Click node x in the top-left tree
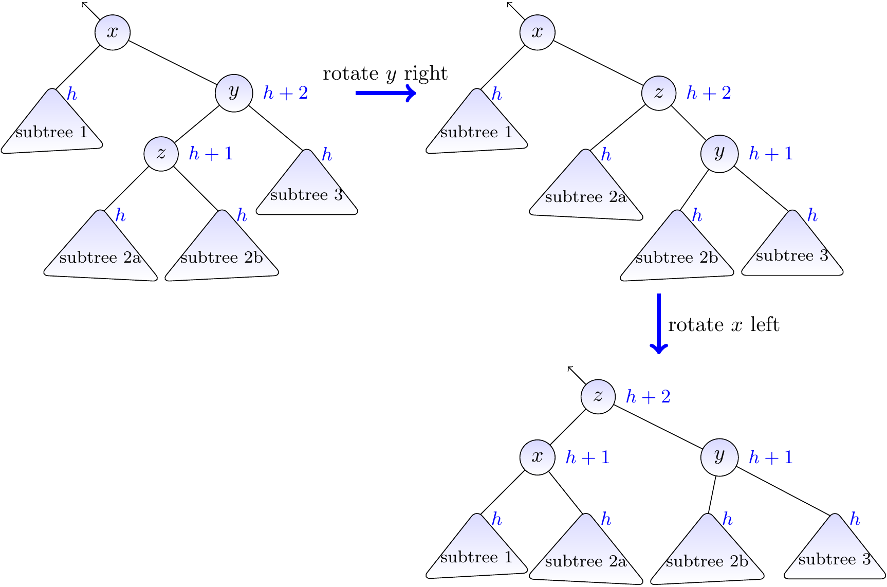(113, 32)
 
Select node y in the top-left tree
(234, 93)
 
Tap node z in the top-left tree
(161, 153)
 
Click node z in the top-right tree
(659, 93)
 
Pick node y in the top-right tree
(719, 153)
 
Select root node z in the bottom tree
(598, 396)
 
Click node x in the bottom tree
(538, 457)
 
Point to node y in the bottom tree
(719, 457)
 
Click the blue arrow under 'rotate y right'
(385, 93)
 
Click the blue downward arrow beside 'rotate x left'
(659, 324)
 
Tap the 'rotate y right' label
(385, 74)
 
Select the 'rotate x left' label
(724, 325)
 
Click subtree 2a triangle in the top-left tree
(101, 252)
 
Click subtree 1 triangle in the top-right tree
(476, 128)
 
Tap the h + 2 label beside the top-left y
(286, 93)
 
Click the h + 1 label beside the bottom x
(587, 457)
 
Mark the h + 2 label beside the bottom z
(648, 397)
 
